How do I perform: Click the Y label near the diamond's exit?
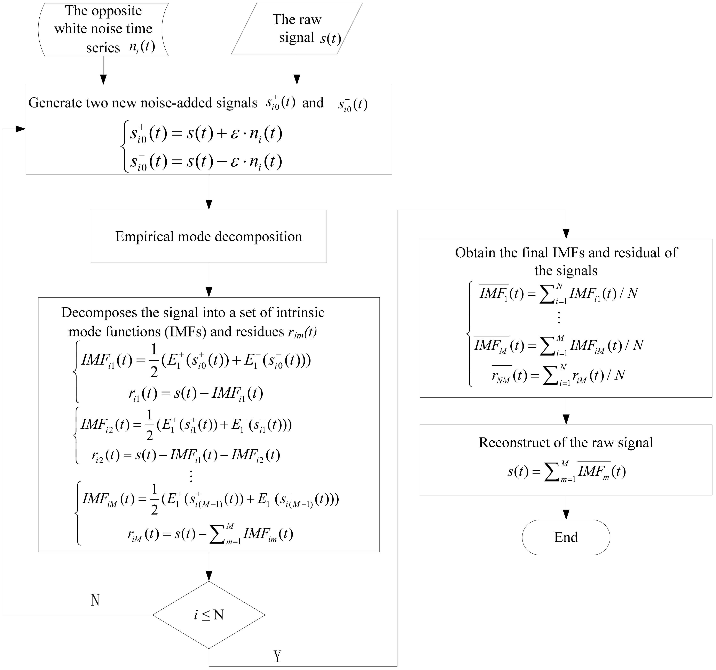pyautogui.click(x=277, y=656)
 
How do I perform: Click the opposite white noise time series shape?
pyautogui.click(x=103, y=29)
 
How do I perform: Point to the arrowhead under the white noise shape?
pyautogui.click(x=103, y=79)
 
